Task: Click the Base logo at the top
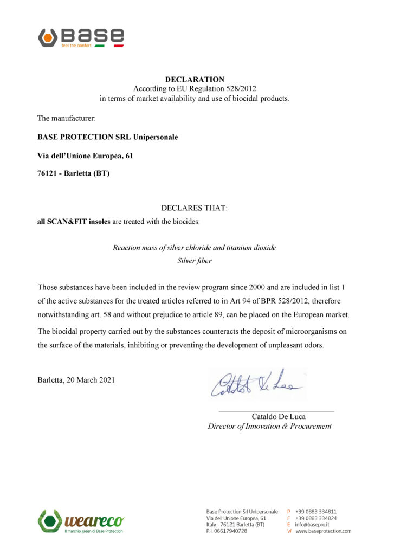click(81, 37)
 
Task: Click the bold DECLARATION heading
click(195, 79)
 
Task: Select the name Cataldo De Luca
click(279, 416)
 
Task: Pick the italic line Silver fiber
click(195, 261)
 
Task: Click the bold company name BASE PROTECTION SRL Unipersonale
click(107, 137)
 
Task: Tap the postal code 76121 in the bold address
click(48, 175)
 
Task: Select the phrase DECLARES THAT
click(195, 208)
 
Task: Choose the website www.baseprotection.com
click(324, 531)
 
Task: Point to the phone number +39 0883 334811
click(316, 511)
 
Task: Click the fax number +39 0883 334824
click(316, 518)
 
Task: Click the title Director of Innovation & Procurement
click(269, 426)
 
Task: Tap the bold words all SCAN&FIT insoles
click(74, 221)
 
